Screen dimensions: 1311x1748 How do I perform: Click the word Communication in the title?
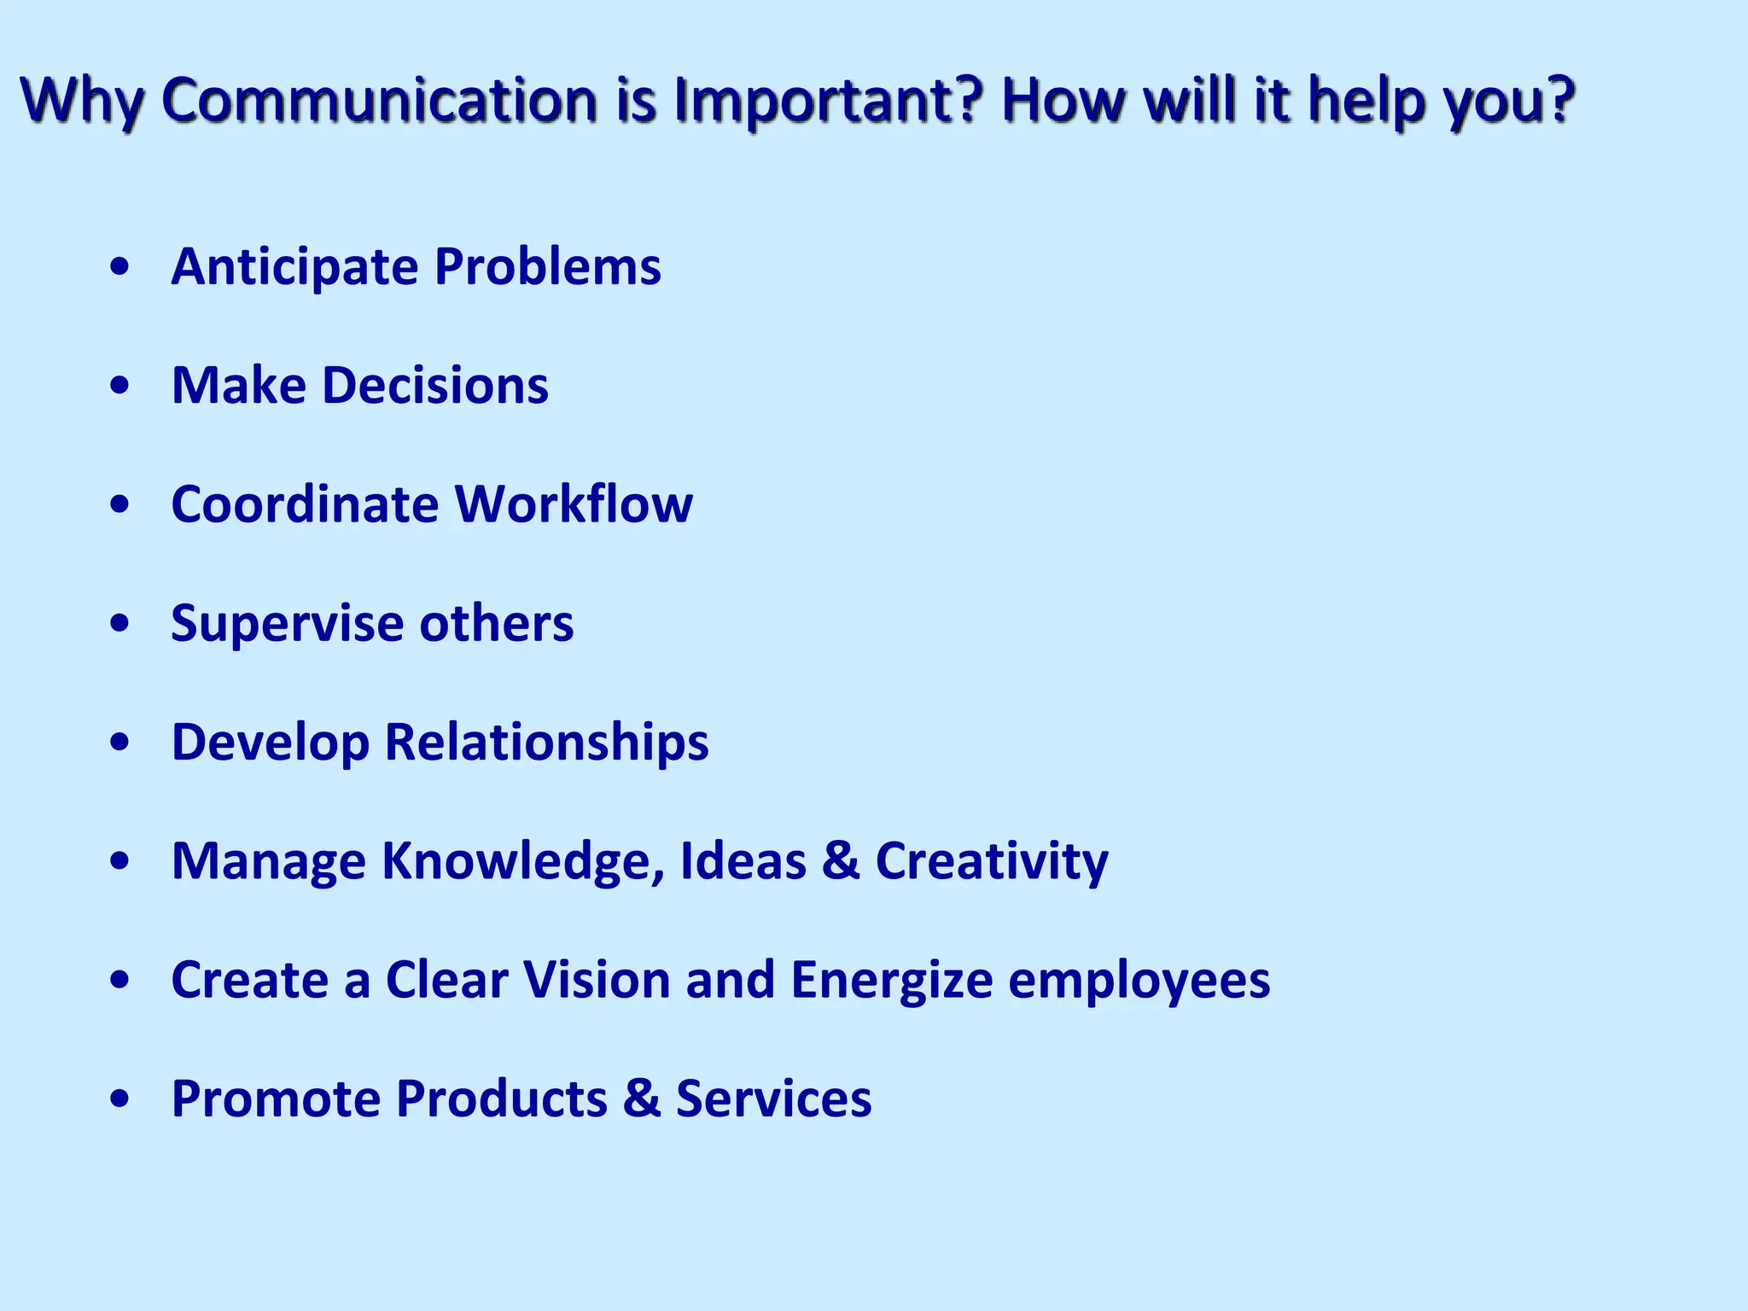click(x=380, y=100)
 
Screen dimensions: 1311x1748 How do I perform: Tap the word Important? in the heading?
click(x=828, y=102)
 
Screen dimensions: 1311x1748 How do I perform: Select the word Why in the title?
click(x=81, y=102)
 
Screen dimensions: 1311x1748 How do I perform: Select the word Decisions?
click(x=435, y=385)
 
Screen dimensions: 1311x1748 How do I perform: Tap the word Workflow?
click(x=574, y=504)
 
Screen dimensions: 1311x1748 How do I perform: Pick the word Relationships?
click(x=546, y=742)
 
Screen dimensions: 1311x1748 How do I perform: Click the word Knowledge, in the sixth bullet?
click(x=522, y=861)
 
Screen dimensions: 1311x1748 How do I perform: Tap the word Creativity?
click(x=992, y=861)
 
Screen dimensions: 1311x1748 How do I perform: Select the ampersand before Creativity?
click(x=841, y=860)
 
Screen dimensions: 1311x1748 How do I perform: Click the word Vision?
click(x=597, y=979)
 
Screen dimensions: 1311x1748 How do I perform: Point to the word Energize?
click(x=892, y=981)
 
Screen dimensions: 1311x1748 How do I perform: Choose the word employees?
click(x=1139, y=981)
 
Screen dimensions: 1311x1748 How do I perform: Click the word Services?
click(x=773, y=1098)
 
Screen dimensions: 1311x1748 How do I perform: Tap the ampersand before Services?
click(x=642, y=1098)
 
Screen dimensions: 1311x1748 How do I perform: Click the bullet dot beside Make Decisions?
click(x=120, y=387)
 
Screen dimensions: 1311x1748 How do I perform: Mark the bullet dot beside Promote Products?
click(x=120, y=1099)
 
